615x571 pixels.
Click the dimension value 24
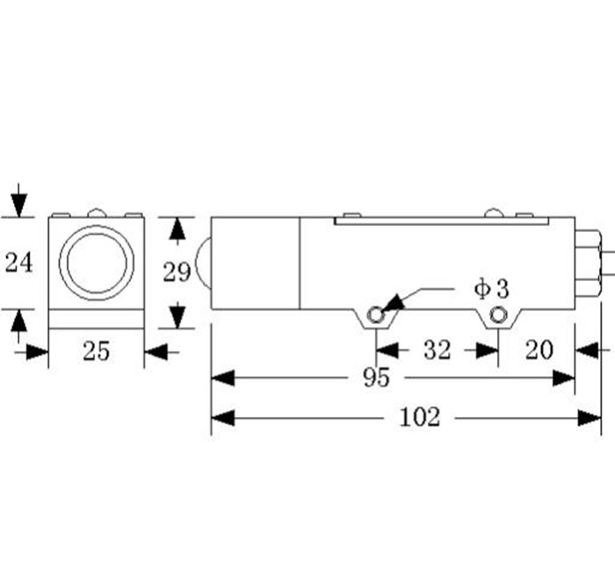pos(18,263)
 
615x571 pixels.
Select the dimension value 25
pos(97,351)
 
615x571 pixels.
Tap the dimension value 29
pos(177,272)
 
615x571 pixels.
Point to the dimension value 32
pos(438,350)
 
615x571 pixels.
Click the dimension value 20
pos(539,350)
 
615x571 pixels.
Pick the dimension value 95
pos(377,378)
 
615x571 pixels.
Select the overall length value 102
pos(420,417)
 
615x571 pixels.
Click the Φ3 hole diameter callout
pos(491,289)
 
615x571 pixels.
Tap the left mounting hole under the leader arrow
pos(376,314)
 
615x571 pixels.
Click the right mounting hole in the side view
pos(498,314)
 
